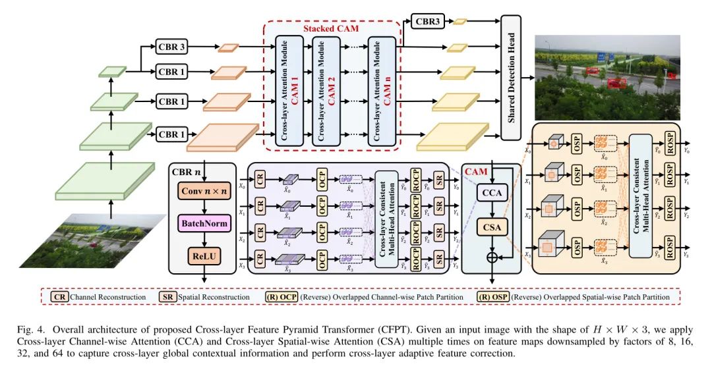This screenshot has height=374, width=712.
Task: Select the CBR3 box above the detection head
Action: [427, 21]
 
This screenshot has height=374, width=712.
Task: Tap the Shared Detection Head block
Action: [511, 77]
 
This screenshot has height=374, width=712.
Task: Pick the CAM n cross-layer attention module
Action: [382, 91]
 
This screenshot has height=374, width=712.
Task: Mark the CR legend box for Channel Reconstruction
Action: [60, 297]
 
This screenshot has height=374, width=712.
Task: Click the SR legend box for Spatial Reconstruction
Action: [168, 297]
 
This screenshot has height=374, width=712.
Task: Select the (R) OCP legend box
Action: [281, 297]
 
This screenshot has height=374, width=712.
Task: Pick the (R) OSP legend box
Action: [492, 297]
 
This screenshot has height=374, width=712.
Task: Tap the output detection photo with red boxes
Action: [608, 78]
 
